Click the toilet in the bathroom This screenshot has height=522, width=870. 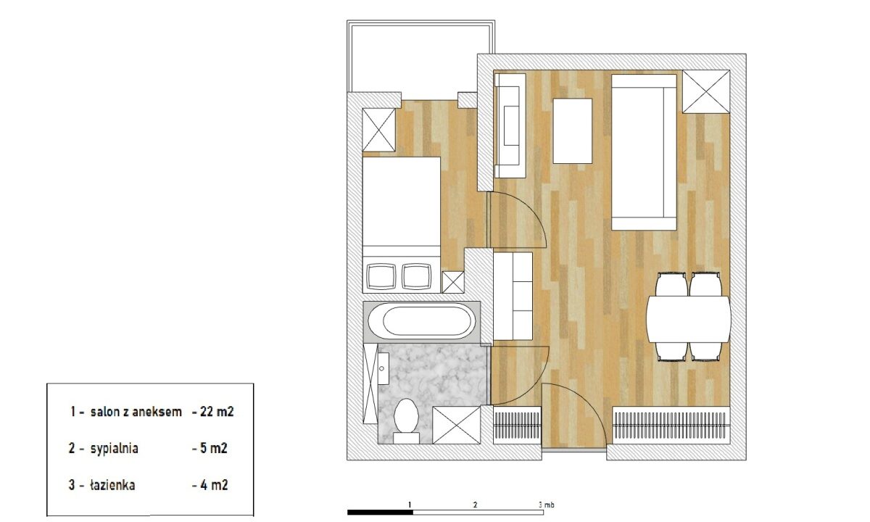point(406,420)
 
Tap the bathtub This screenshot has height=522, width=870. point(422,322)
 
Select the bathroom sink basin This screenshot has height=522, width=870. point(384,368)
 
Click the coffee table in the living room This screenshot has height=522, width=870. point(573,131)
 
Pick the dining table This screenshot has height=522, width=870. point(689,319)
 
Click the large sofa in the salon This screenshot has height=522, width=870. point(645,152)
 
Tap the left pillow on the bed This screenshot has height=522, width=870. point(381,276)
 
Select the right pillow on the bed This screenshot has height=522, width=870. point(417,276)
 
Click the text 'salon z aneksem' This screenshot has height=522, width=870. point(136,412)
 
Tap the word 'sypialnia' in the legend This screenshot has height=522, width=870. point(115,449)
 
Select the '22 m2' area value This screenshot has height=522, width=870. point(217,412)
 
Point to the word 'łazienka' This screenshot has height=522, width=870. point(112,485)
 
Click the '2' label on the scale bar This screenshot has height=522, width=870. point(475,505)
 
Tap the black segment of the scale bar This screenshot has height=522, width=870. point(380,512)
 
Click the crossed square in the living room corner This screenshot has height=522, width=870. point(706,91)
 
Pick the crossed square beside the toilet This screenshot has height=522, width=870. point(456,425)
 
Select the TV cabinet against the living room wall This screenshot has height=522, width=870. point(510,126)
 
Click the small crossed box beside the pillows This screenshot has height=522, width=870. point(453,282)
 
